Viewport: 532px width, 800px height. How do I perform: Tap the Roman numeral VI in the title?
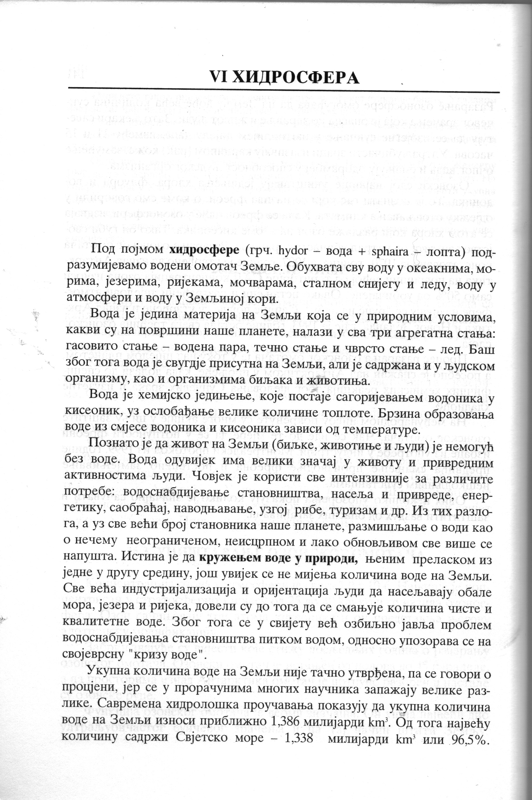221,78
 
